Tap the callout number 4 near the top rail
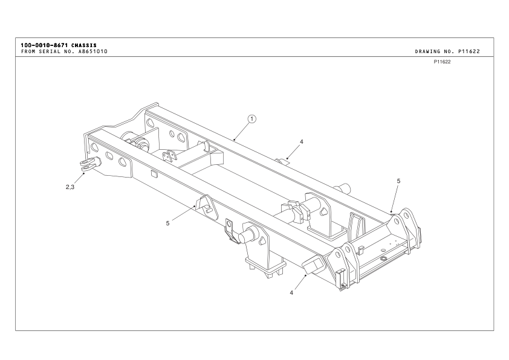[302, 141]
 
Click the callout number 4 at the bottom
[291, 293]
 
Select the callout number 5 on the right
[398, 181]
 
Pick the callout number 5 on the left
[167, 223]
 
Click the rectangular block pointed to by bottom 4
[313, 265]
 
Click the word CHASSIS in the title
[84, 45]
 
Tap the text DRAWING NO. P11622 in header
[447, 51]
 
